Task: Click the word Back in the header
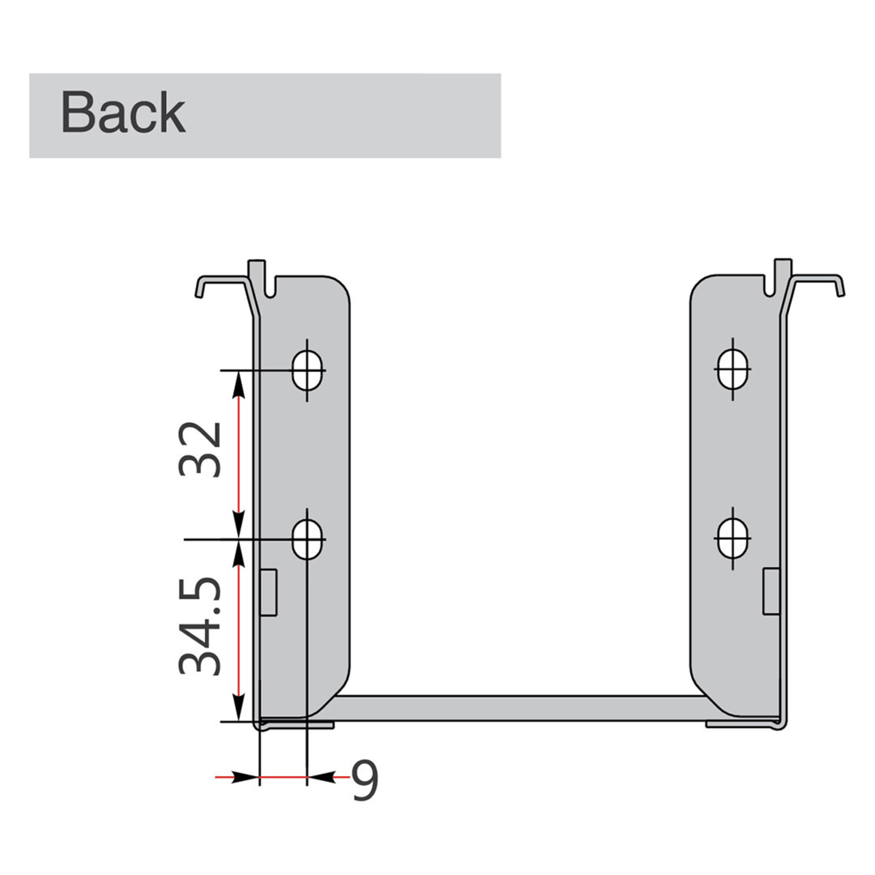pos(123,112)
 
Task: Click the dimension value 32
pos(200,449)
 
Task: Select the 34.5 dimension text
pos(200,626)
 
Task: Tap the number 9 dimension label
pos(364,781)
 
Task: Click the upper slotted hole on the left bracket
pos(307,369)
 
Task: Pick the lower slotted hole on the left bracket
pos(307,539)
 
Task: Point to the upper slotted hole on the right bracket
pos(733,369)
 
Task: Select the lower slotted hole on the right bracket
pos(733,538)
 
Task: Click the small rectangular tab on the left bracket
pos(269,592)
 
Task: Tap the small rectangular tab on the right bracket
pos(771,591)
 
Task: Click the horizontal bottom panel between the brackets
pos(519,708)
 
